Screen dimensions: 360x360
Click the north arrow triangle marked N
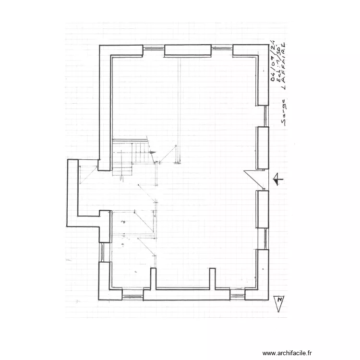pos(278,303)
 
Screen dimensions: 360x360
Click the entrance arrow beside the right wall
pos(277,180)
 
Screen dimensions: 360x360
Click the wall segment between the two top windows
pos(188,50)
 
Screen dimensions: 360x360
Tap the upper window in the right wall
pos(265,116)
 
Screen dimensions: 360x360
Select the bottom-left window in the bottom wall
pos(132,294)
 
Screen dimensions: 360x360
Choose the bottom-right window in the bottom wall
pos(237,294)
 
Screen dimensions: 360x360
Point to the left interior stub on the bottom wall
pos(153,279)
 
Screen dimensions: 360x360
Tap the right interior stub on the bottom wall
pos(212,279)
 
